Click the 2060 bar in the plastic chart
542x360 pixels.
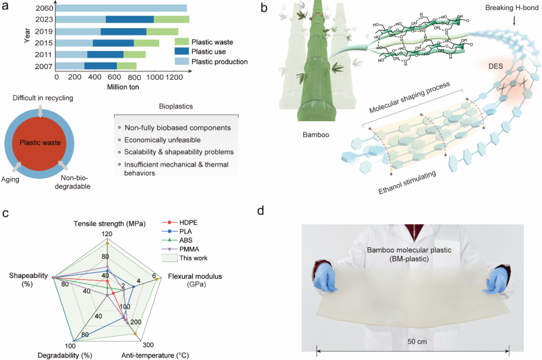(121, 8)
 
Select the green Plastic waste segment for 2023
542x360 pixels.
(171, 20)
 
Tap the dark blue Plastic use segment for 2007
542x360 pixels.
(100, 66)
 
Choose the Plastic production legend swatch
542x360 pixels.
(181, 62)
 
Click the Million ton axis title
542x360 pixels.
(123, 87)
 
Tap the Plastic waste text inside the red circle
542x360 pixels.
(40, 143)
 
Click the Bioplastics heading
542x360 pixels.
(176, 107)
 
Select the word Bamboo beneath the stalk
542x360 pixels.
(317, 135)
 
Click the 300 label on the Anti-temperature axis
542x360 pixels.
(148, 345)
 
